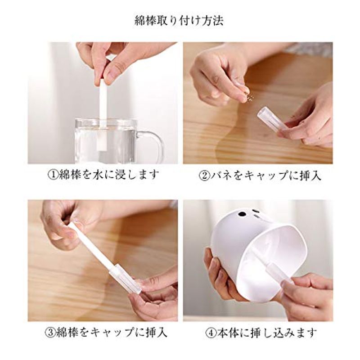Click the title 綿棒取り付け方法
[179, 21]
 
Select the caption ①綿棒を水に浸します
[103, 175]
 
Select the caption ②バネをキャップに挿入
[260, 175]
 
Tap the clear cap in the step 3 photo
[126, 279]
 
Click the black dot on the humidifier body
[242, 214]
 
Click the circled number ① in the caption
[53, 175]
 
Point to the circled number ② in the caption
[204, 175]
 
